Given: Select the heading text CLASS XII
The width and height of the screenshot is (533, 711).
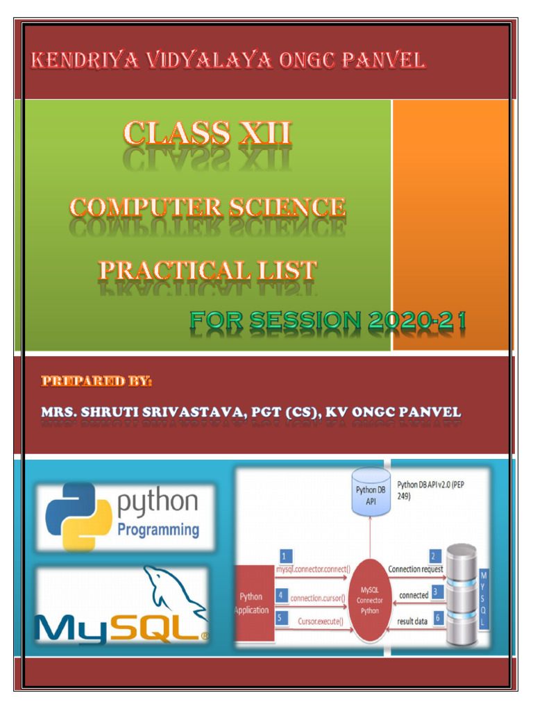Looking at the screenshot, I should (208, 133).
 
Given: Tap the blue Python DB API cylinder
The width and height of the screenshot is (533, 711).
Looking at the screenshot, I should (371, 491).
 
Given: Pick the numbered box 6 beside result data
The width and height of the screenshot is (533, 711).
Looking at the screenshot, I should (437, 617).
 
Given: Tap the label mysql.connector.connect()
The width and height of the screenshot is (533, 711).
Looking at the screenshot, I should (313, 570).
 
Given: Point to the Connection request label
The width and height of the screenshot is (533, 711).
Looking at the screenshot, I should (415, 569).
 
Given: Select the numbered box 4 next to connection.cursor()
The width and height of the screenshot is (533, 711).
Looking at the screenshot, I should (280, 596).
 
